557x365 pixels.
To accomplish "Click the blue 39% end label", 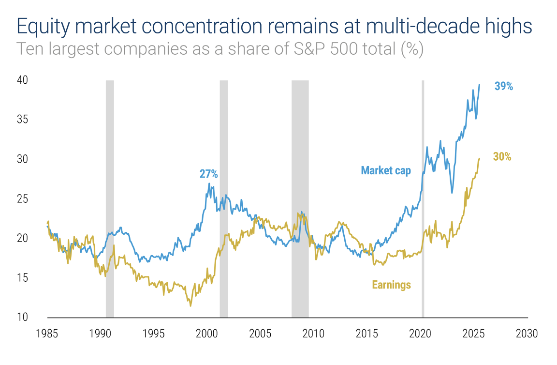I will pos(503,87).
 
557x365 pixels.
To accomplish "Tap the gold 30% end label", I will pos(502,157).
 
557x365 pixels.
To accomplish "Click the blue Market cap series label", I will pos(386,170).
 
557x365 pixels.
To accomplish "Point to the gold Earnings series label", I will pos(391,285).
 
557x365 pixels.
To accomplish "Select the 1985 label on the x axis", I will pos(47,334).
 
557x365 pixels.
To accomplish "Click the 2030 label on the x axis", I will pos(527,334).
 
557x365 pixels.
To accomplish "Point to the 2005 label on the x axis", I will pos(261,334).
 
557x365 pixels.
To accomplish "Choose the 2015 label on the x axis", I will pos(367,334).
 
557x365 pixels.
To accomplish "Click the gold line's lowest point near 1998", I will pos(191,305).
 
